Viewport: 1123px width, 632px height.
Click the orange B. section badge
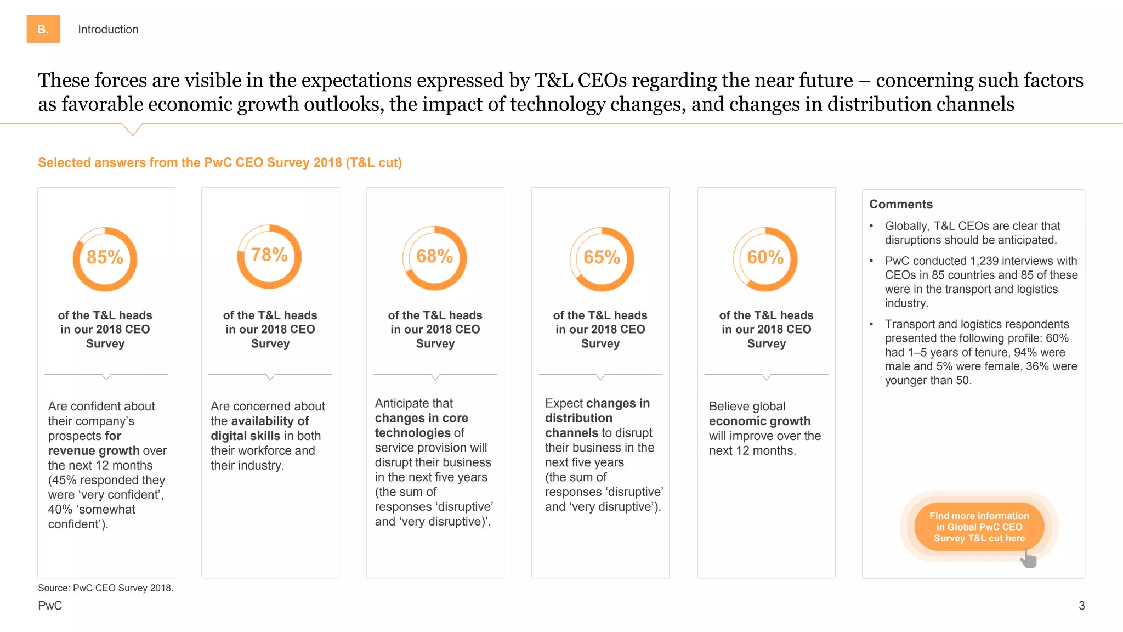click(x=43, y=29)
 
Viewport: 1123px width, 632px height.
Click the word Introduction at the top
click(x=108, y=30)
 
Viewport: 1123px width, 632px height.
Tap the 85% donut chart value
click(x=105, y=257)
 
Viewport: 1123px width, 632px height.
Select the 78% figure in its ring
click(x=269, y=255)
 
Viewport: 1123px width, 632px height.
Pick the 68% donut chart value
click(x=435, y=256)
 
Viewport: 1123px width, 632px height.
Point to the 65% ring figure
click(x=602, y=257)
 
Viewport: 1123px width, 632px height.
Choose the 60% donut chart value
click(x=765, y=257)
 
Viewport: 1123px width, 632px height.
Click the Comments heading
click(x=900, y=204)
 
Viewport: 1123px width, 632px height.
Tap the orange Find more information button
click(x=979, y=527)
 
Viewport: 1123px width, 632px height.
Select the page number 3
click(x=1081, y=606)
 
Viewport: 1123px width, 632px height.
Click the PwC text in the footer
click(x=50, y=606)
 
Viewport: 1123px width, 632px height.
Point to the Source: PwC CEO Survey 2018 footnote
click(x=105, y=588)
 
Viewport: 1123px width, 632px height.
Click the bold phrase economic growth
click(x=759, y=421)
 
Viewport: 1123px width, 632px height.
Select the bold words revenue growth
click(x=94, y=451)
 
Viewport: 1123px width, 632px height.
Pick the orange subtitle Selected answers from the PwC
click(x=219, y=163)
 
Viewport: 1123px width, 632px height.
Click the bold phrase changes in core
click(x=421, y=419)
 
